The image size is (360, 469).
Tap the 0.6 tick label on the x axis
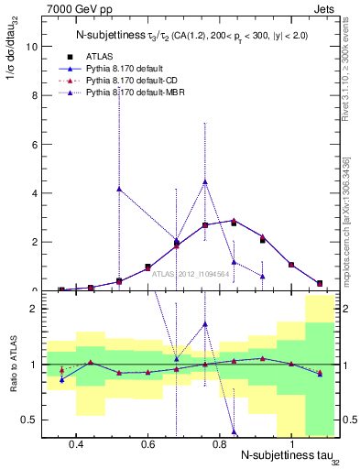[x=148, y=444]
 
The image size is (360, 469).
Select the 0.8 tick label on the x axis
[x=220, y=444]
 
